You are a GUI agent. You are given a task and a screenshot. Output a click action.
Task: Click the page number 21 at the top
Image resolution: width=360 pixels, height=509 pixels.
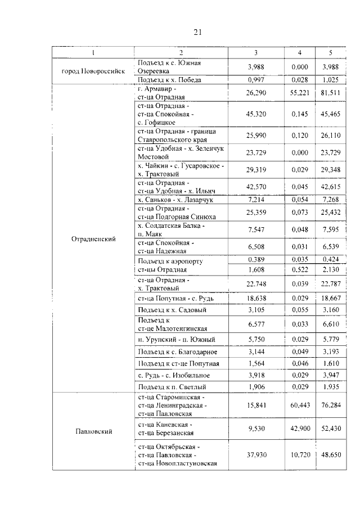(197, 32)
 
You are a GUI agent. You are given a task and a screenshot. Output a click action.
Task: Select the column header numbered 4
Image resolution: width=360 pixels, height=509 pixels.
(299, 53)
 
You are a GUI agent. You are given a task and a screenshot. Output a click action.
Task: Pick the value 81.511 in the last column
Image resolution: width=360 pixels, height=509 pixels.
(330, 93)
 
